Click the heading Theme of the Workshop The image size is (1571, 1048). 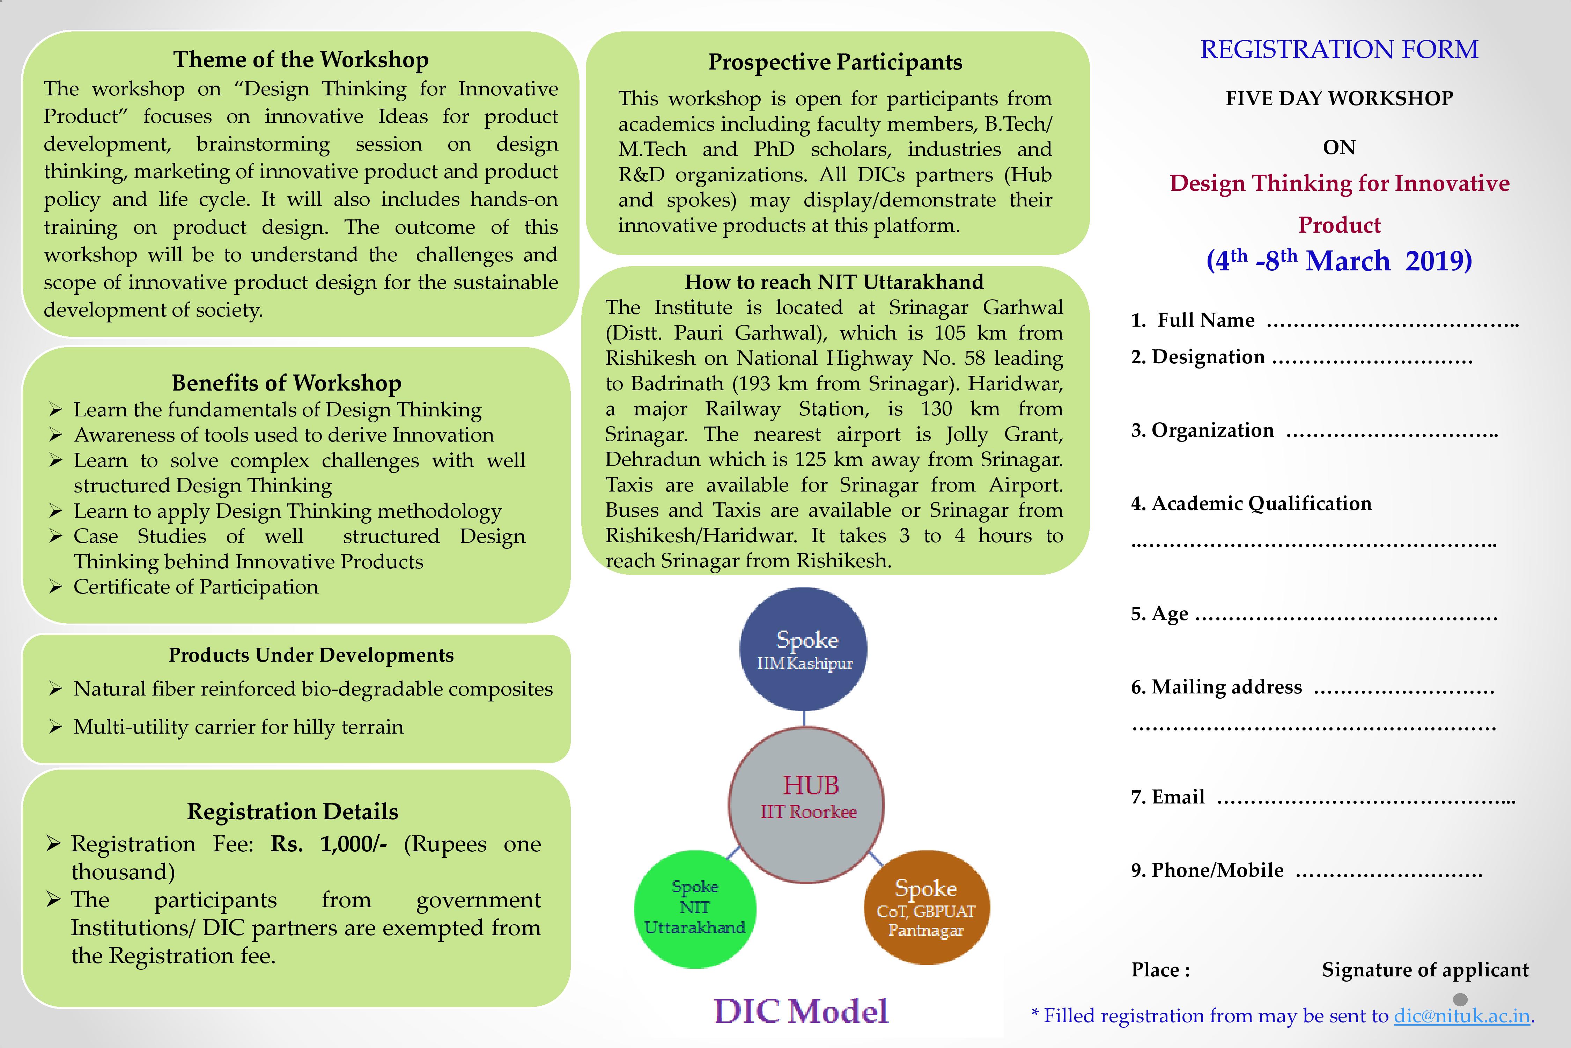coord(301,59)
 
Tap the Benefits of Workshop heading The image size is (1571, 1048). coord(287,383)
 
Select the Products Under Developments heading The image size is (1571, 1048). coord(311,655)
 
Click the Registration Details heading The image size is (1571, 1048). coord(293,812)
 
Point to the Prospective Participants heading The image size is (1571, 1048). coord(835,62)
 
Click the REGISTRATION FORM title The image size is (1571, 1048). coord(1339,50)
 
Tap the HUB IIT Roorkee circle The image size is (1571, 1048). coord(806,805)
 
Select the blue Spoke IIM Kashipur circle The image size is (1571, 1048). coord(804,649)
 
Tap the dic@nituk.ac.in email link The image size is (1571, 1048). coord(1461,1016)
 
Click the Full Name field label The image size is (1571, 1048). coord(1193,320)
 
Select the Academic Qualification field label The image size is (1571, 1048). coord(1251,503)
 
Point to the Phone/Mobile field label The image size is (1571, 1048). coord(1207,870)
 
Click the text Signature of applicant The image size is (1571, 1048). coord(1425,970)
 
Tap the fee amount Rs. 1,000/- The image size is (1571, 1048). coord(329,844)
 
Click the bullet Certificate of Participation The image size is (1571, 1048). coord(196,587)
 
